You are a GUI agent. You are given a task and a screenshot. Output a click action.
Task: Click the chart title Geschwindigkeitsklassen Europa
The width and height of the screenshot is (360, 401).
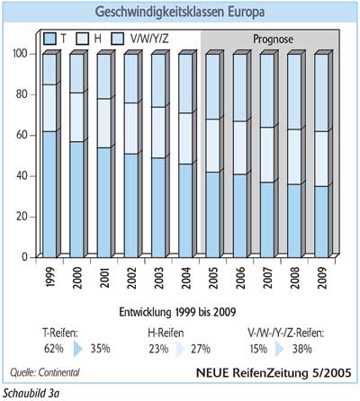click(x=180, y=13)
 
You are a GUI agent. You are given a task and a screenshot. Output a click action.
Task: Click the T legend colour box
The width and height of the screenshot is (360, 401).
click(x=49, y=39)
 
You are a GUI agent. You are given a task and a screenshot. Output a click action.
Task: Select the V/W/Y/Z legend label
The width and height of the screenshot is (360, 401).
click(x=149, y=39)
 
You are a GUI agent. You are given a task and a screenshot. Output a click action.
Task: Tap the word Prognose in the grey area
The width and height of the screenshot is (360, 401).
click(x=273, y=39)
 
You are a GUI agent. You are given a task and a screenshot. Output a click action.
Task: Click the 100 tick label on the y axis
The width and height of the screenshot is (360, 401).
click(x=20, y=54)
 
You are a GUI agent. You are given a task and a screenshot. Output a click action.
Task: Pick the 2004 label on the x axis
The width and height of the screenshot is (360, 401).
click(x=185, y=278)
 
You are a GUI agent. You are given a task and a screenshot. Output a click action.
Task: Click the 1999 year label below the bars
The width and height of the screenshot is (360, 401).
click(x=49, y=277)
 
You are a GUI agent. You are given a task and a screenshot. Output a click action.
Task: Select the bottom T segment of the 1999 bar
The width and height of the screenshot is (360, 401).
click(x=49, y=194)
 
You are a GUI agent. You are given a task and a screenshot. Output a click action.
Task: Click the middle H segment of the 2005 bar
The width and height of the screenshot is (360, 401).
click(x=212, y=146)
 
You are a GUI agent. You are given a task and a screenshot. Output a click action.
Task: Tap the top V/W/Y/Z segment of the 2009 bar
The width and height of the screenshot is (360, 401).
click(x=321, y=93)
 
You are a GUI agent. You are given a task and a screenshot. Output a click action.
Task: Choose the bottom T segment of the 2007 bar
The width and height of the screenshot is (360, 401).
click(x=267, y=219)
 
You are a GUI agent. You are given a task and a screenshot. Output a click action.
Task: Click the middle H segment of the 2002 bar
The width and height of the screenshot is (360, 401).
click(x=131, y=129)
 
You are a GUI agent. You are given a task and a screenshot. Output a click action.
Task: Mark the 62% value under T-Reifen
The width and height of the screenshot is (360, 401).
click(x=54, y=349)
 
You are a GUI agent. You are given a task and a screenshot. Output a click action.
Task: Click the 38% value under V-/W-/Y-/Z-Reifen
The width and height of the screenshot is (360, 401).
click(x=302, y=349)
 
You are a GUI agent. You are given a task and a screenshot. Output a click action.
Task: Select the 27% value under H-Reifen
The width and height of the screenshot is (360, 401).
click(x=201, y=349)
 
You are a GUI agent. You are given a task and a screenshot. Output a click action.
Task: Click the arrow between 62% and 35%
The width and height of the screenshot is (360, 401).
click(x=77, y=349)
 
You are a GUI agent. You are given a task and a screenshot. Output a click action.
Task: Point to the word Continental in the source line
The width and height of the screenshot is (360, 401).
click(x=58, y=372)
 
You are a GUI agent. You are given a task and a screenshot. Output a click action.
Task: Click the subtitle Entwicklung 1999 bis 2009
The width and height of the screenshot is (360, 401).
click(x=177, y=312)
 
